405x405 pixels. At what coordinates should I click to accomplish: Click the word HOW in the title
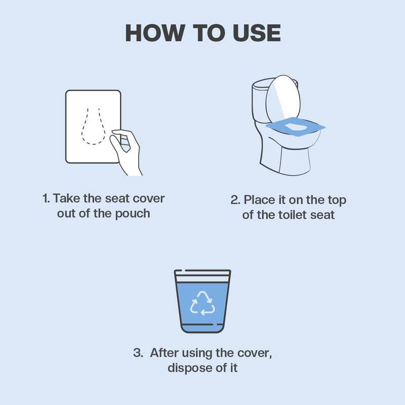click(x=152, y=33)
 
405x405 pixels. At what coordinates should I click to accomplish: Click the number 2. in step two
click(x=235, y=200)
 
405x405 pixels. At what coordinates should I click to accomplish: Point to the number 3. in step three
click(x=138, y=353)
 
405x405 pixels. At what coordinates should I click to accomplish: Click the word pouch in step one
click(x=133, y=213)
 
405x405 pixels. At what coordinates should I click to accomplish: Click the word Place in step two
click(x=260, y=200)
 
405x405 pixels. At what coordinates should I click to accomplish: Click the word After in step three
click(x=164, y=353)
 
